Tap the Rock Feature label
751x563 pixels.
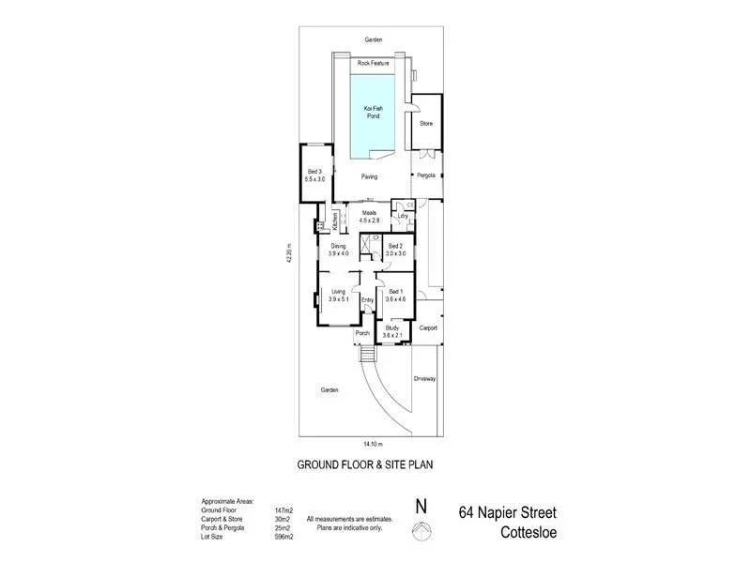374,63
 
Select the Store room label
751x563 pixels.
425,123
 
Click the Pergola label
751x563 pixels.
426,175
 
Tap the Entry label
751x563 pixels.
367,300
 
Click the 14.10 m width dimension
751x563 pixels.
375,442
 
